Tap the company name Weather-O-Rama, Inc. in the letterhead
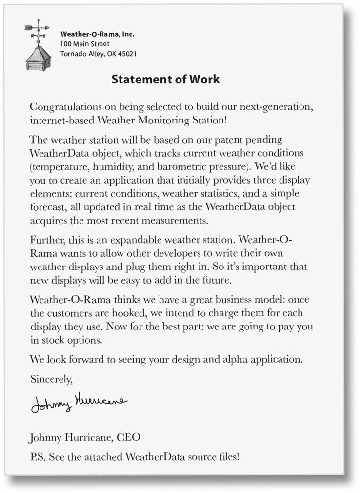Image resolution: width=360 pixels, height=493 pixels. point(97,34)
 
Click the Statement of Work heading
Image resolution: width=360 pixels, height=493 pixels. point(165,79)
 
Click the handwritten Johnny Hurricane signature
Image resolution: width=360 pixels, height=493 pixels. point(78,403)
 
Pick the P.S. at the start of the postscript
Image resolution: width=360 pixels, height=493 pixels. point(37,457)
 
